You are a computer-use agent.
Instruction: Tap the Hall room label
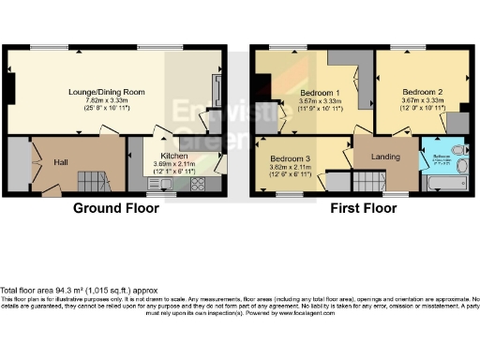[61, 162]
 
